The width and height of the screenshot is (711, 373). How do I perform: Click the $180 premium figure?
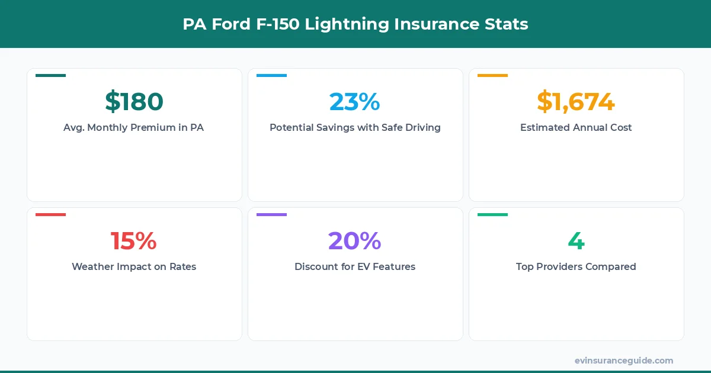134,102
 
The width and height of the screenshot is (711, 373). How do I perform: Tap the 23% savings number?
355,102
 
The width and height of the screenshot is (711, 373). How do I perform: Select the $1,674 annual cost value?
576,102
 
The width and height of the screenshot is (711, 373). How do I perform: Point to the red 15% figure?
134,241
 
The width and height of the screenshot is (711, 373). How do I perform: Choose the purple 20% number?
355,241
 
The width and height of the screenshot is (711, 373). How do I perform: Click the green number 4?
576,241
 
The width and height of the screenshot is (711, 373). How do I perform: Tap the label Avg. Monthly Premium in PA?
134,127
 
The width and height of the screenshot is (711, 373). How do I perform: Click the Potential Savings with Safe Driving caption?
355,127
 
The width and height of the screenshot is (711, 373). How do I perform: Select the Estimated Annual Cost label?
576,127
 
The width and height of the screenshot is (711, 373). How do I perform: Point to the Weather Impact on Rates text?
134,266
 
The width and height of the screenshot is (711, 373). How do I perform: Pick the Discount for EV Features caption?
355,266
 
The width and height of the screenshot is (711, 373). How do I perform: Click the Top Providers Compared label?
576,266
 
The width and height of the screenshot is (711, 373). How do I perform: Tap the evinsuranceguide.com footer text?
624,360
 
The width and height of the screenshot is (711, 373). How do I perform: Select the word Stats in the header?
507,24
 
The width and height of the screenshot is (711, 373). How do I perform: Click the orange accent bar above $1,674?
492,76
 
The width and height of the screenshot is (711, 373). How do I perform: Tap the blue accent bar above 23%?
271,76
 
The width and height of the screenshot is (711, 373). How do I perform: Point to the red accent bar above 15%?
50,215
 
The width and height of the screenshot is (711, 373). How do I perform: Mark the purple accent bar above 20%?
271,215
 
